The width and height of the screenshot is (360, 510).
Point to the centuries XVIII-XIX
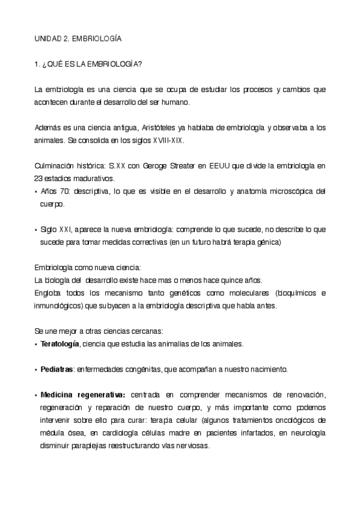pyautogui.click(x=168, y=140)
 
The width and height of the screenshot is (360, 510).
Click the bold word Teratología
pyautogui.click(x=59, y=344)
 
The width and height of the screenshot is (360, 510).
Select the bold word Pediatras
pyautogui.click(x=57, y=369)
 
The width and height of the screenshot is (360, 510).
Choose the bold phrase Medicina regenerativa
pyautogui.click(x=83, y=394)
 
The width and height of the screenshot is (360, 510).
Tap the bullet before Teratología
pyautogui.click(x=36, y=344)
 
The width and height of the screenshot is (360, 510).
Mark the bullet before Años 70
pyautogui.click(x=36, y=192)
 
